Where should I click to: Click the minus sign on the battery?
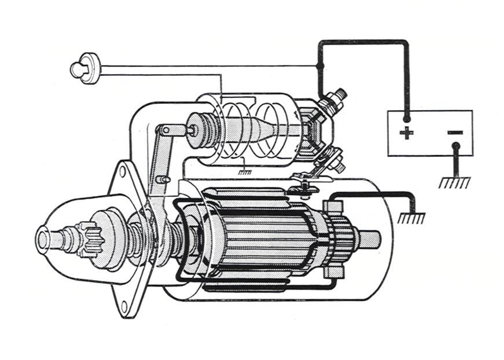point(455,133)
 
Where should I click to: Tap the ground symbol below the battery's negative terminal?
point(455,182)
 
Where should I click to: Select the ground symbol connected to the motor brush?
point(411,218)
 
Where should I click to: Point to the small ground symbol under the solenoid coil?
point(245,171)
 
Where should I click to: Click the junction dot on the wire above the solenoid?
point(320,66)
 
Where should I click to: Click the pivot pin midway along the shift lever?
point(165,179)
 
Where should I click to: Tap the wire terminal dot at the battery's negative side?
point(455,146)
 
